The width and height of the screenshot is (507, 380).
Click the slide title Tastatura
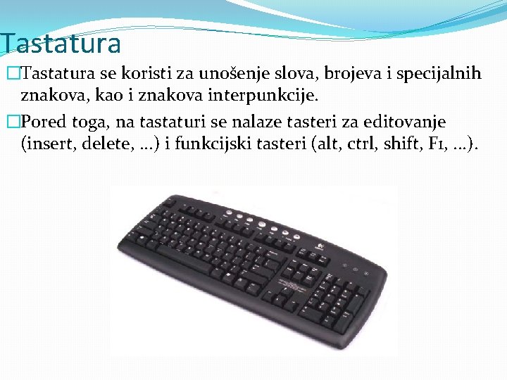61,44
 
